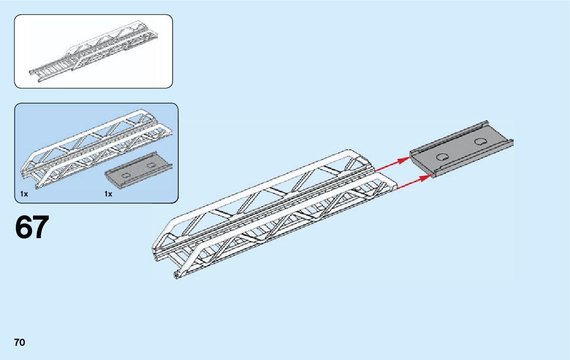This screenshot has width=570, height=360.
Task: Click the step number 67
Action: (x=32, y=227)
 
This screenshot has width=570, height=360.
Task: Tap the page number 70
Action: (x=20, y=342)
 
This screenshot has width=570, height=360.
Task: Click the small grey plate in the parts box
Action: (x=138, y=170)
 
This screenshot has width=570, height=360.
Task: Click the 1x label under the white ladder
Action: (x=24, y=194)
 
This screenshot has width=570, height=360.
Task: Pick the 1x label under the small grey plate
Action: (x=108, y=194)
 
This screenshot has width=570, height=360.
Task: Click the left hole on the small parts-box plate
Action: (x=123, y=174)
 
